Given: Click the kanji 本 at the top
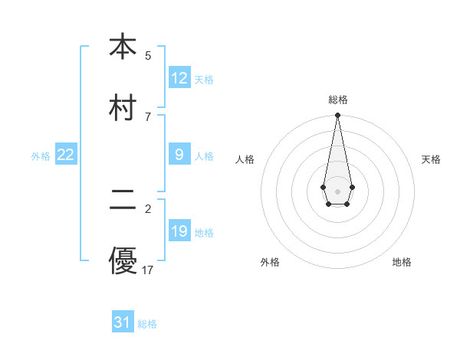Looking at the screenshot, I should pos(123,47).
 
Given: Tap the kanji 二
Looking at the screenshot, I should pos(123,201).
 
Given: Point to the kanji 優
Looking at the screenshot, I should pos(123,260).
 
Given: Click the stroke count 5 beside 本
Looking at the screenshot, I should pos(148,56).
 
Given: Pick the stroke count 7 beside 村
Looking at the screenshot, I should pos(148,116).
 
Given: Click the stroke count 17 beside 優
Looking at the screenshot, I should pos(148,270).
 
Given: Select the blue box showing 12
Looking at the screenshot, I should pos(179,78).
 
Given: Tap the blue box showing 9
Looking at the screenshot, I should pos(179,155).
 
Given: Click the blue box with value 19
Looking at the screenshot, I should pos(179,231).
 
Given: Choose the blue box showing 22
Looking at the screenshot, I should pos(66,155).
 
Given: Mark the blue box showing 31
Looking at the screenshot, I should pos(123,322).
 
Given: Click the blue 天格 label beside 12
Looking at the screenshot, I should pos(204,79).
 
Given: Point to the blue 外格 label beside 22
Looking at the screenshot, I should pos(41,155).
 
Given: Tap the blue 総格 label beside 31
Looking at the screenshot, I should pos(147,324).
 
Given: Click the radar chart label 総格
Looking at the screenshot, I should pos(338,100).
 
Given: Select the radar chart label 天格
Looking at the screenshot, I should pos(432,159).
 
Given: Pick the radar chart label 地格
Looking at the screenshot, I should pos(402,262).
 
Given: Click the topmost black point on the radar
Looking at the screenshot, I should pos(337,115).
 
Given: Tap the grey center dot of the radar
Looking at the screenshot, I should pos(337,190).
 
